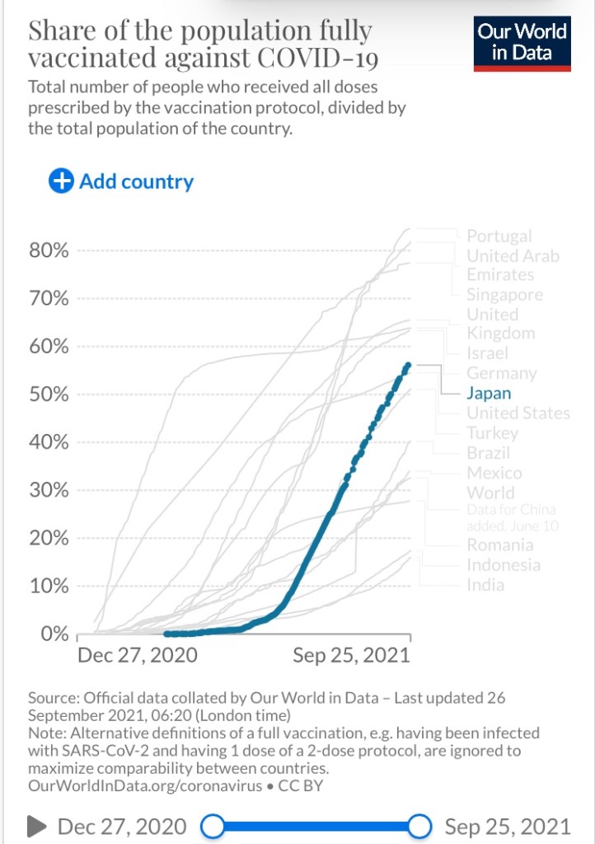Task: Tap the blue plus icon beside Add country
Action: tap(61, 182)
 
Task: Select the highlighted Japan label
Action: tap(489, 394)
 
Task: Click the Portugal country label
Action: tap(499, 237)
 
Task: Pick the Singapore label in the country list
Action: tap(504, 295)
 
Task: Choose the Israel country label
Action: tap(487, 354)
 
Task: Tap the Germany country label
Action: tap(501, 374)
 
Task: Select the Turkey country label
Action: tap(492, 433)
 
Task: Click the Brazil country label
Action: tap(488, 453)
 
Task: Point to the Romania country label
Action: tap(499, 545)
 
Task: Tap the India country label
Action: tap(485, 585)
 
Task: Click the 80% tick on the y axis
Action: tap(49, 250)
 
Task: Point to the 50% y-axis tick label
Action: tap(49, 394)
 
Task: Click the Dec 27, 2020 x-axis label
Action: tap(138, 656)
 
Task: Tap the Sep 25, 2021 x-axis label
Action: tap(352, 656)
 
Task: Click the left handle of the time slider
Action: tap(213, 826)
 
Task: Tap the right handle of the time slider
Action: tap(420, 826)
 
